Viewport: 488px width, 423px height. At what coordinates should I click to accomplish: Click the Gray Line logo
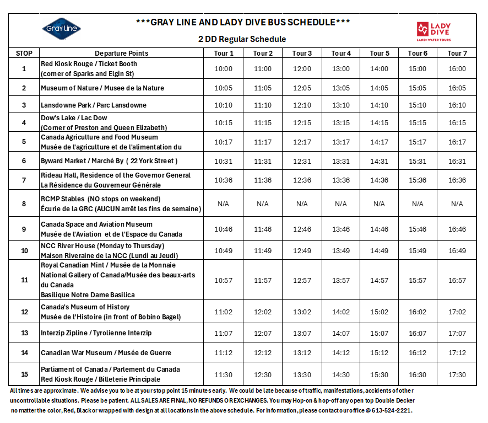(x=61, y=29)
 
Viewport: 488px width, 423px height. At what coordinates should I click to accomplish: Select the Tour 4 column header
(x=341, y=53)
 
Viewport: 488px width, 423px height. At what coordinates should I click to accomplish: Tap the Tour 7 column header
(x=457, y=53)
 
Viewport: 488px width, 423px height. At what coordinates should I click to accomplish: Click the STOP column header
(x=24, y=53)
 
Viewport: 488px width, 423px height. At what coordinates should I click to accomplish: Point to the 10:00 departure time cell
(x=223, y=69)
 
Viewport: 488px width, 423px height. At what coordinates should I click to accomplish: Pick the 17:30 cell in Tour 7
(x=457, y=374)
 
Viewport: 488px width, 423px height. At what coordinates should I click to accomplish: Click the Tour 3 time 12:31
(x=302, y=162)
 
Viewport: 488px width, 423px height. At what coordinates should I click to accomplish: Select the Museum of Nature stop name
(x=102, y=88)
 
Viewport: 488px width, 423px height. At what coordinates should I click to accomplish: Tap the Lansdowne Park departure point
(x=94, y=105)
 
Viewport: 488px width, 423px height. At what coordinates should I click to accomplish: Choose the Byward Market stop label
(x=109, y=161)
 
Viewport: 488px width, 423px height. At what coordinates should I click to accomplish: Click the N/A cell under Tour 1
(x=223, y=204)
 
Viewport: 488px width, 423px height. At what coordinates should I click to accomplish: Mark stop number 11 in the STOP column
(x=24, y=280)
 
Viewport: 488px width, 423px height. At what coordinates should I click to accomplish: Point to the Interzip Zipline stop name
(x=96, y=333)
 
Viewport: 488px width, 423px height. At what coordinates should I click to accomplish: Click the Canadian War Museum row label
(x=106, y=353)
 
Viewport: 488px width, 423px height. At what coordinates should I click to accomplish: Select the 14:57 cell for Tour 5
(x=379, y=281)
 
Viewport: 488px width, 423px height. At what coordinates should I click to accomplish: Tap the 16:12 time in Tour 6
(x=417, y=353)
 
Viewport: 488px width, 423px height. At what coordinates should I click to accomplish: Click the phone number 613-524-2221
(x=391, y=411)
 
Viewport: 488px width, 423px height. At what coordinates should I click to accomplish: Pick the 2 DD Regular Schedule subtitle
(x=242, y=39)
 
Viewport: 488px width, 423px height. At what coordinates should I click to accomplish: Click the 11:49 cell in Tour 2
(x=263, y=251)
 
